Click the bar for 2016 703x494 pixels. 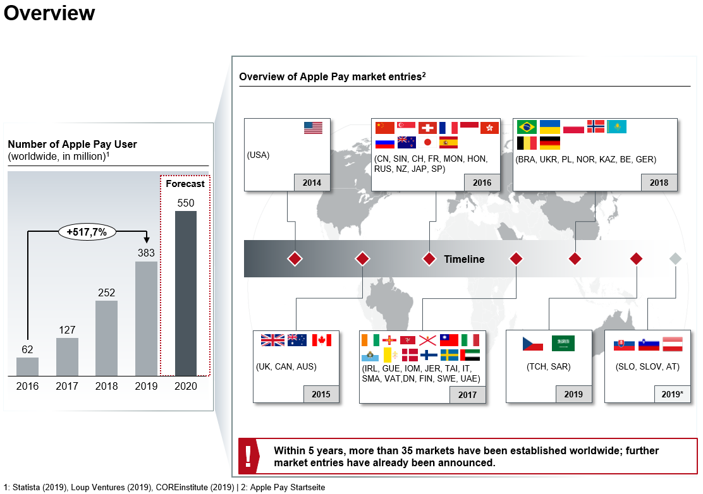tap(27, 367)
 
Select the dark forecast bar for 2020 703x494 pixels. tap(186, 294)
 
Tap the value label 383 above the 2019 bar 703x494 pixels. tap(146, 253)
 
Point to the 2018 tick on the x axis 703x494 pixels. tap(106, 386)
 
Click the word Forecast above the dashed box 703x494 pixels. tap(185, 184)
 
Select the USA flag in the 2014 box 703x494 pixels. tap(313, 128)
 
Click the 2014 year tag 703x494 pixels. tap(312, 183)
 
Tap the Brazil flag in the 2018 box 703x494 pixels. tap(527, 126)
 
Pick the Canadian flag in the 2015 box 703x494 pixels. tap(322, 340)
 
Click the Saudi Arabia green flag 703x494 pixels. tap(563, 344)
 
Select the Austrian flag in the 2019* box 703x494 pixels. tap(671, 344)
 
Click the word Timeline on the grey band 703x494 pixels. tap(464, 259)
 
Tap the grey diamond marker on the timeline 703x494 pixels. tap(675, 258)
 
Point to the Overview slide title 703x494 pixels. tap(49, 13)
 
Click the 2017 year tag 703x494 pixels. tap(467, 395)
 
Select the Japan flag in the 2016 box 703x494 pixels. tap(427, 142)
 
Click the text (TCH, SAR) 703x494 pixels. tap(548, 367)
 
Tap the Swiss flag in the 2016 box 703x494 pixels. tap(427, 128)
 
